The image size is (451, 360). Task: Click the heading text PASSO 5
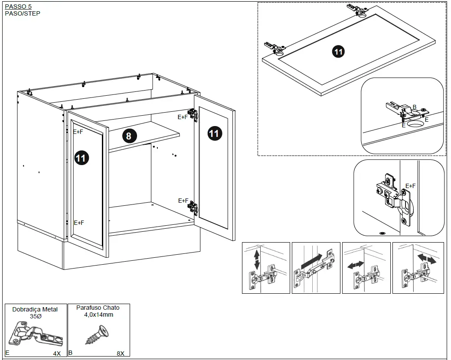18,6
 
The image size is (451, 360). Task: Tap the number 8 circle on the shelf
128,136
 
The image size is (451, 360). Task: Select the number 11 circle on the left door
81,158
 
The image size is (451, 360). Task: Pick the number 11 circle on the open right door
214,133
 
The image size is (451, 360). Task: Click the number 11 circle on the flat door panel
338,52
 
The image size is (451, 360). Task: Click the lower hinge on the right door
193,208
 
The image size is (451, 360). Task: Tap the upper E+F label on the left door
78,132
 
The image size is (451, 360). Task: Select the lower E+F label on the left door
79,223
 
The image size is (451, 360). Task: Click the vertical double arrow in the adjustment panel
257,259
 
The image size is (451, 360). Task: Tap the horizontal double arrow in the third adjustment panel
356,264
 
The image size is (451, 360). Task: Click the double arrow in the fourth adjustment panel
427,258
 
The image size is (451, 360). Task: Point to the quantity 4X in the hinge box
57,353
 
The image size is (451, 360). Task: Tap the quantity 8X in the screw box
121,353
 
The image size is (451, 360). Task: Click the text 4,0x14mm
98,315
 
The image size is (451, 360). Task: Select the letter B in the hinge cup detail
414,107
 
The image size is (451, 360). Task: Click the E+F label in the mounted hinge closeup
410,186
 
